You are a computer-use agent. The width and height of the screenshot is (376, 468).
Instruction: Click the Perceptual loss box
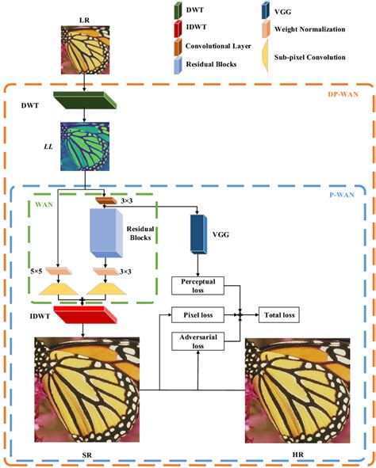coord(199,287)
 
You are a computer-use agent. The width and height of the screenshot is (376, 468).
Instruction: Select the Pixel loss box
coord(199,314)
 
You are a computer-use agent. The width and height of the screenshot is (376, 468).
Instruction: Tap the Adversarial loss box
coord(199,342)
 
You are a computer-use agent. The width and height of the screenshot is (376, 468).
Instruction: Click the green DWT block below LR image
coord(82,101)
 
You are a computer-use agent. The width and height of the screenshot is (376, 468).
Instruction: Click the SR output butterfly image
coord(82,383)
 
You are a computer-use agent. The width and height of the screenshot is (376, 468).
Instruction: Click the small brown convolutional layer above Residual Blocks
coord(103,202)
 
